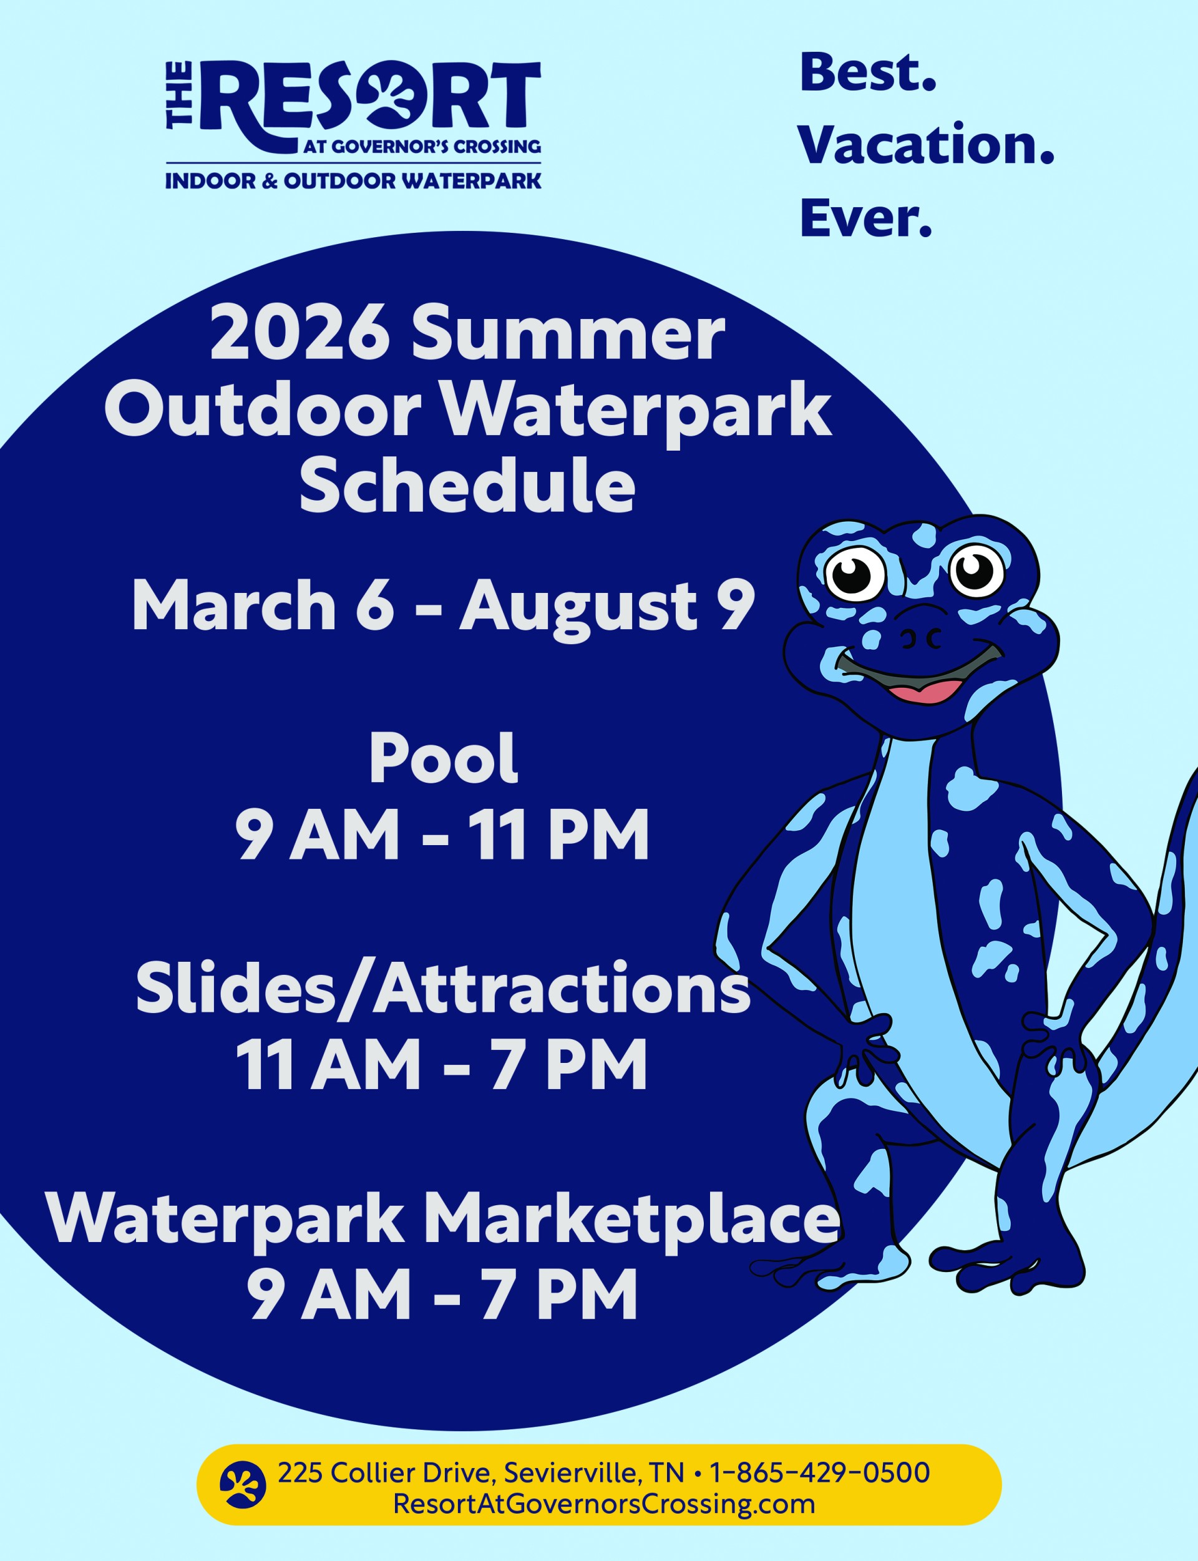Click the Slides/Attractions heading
pyautogui.click(x=443, y=989)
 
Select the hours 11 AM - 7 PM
pyautogui.click(x=441, y=1065)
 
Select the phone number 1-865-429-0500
pyautogui.click(x=820, y=1472)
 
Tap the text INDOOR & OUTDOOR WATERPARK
pyautogui.click(x=353, y=180)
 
